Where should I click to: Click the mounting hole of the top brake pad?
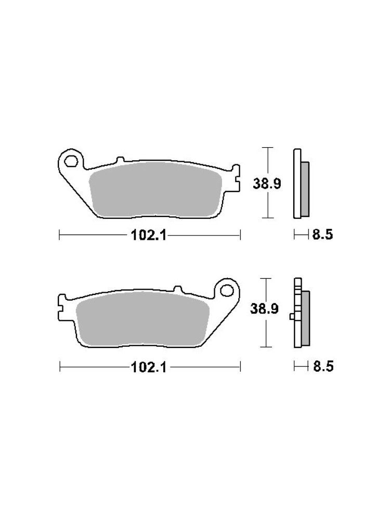pos(71,162)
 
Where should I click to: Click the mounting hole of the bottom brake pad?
pos(227,291)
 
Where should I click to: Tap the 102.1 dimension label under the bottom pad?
pos(149,367)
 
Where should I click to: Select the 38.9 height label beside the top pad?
pos(267,183)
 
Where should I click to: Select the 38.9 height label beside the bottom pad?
pos(264,309)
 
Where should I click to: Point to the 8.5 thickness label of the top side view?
pos(322,235)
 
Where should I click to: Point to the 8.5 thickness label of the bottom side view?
pos(323,367)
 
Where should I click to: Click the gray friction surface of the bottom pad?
pos(142,319)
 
